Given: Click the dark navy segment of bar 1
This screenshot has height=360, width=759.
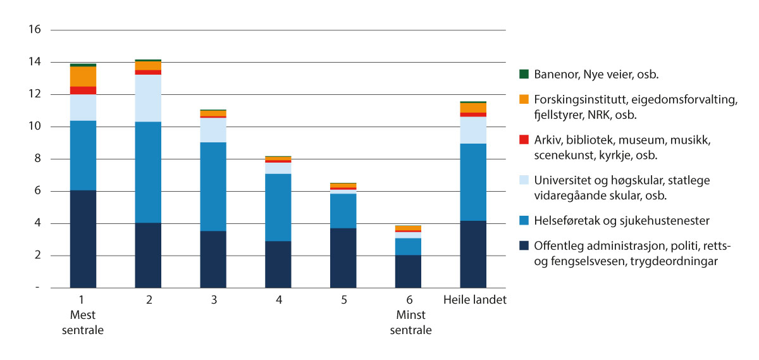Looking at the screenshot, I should [83, 239].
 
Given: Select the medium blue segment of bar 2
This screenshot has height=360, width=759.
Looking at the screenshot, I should [148, 172].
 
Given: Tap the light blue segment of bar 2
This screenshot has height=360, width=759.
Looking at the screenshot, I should [148, 98].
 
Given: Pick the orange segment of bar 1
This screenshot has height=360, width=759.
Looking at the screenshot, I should [83, 77].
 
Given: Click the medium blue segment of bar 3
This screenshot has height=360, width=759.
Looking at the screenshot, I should [213, 187].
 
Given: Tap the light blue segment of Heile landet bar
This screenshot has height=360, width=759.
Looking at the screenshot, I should [473, 130].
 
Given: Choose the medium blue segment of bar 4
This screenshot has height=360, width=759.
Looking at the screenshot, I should [278, 208].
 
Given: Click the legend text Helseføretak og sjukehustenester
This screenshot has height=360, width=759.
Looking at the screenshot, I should [612, 221].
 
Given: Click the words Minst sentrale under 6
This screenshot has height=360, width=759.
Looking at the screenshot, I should [410, 323].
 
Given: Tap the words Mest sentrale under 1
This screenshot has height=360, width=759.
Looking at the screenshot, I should [83, 323].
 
